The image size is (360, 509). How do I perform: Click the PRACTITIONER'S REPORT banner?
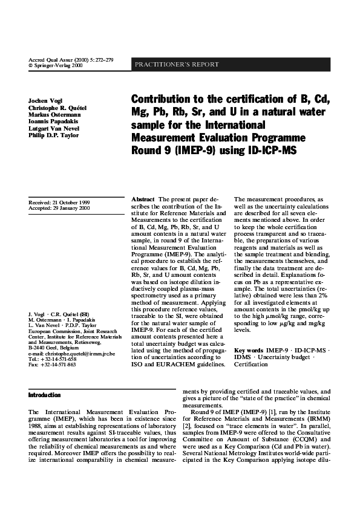[x=177, y=65]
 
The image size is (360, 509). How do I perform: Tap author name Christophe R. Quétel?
[x=57, y=106]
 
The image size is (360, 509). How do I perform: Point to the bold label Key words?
[x=248, y=351]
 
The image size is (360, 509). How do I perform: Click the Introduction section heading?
[x=45, y=395]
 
